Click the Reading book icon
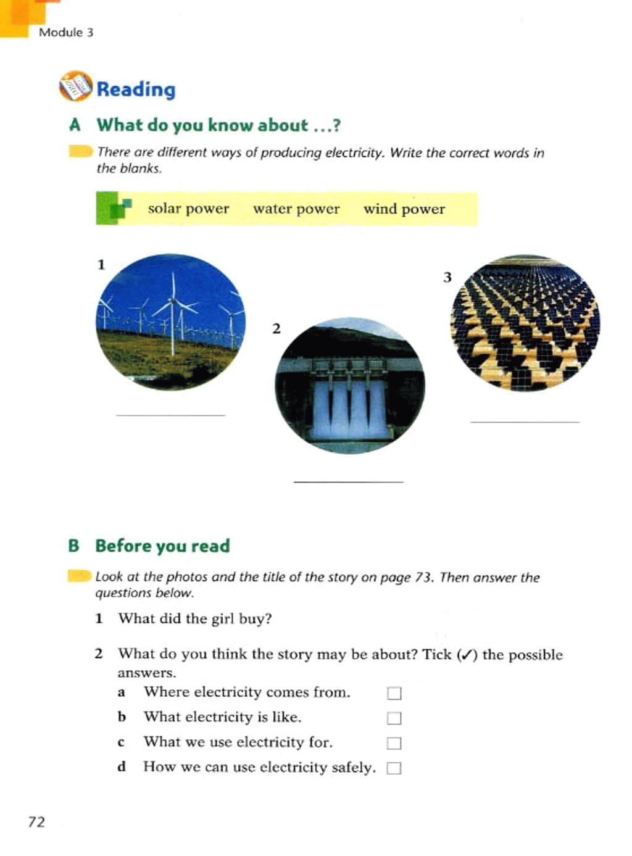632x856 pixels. pos(75,86)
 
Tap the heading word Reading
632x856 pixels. pos(136,89)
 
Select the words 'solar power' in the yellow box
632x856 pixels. pos(188,209)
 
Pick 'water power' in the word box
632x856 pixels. pos(296,209)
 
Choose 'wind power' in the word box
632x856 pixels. pos(404,209)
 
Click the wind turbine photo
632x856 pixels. pos(170,322)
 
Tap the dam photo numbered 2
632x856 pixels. pos(350,386)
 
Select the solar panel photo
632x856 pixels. pos(525,323)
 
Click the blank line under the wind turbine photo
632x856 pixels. pos(170,414)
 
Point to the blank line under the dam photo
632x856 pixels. pos(349,480)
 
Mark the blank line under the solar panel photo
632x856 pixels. pos(525,421)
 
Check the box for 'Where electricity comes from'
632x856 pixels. pos(394,693)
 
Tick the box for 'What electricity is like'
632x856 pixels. pos(394,718)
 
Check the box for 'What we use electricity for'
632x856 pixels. pos(394,743)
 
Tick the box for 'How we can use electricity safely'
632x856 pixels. pos(394,768)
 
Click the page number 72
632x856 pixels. pos(36,821)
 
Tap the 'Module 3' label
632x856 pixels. pos(65,33)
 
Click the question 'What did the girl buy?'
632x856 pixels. pos(195,618)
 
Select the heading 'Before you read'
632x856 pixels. pos(162,546)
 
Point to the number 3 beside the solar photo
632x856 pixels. pos(447,277)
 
